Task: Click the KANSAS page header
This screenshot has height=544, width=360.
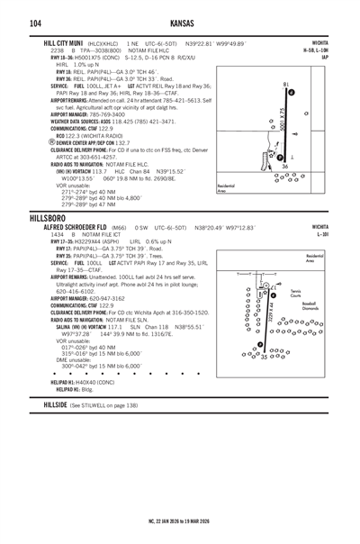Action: [x=180, y=22]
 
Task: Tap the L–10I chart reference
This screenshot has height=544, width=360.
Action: [x=344, y=211]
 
